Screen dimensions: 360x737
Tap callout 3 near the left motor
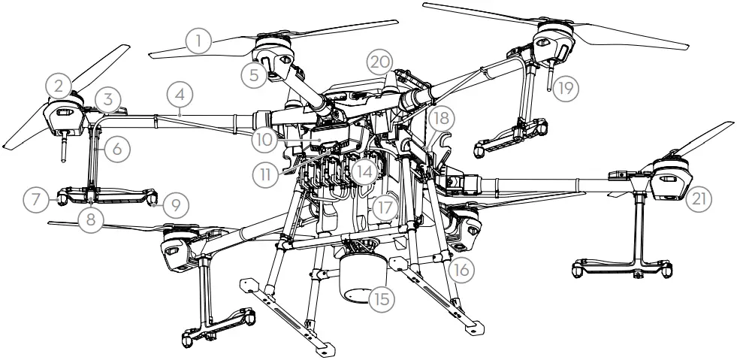(110, 98)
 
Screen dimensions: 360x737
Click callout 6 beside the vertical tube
(117, 149)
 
